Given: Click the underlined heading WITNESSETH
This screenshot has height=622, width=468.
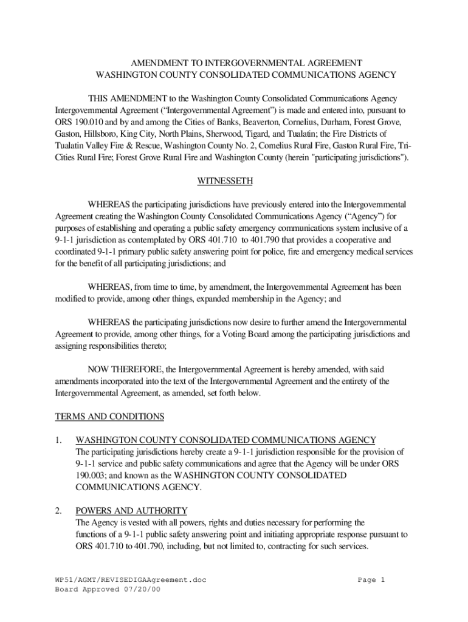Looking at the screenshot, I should point(225,181).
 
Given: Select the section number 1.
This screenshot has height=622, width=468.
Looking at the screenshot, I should point(59,440).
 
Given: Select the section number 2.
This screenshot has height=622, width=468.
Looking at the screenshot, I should point(59,510).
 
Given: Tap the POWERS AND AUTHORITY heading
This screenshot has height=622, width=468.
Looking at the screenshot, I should point(131,510).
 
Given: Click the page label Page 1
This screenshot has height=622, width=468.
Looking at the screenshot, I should point(371,580).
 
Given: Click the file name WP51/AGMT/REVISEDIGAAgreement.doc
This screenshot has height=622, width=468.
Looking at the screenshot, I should point(131,580).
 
